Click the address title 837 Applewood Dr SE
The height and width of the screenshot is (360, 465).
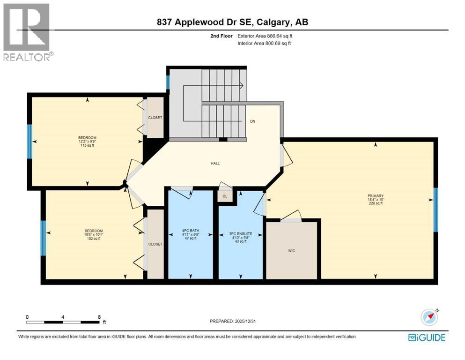click(x=232, y=22)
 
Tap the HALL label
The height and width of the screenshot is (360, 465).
click(x=215, y=164)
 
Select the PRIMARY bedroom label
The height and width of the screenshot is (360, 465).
click(x=376, y=199)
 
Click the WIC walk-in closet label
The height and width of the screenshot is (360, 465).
click(x=292, y=251)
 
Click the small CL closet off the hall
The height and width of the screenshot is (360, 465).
click(x=225, y=196)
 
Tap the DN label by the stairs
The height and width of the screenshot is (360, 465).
click(x=252, y=121)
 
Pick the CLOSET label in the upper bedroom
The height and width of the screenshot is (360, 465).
click(x=155, y=118)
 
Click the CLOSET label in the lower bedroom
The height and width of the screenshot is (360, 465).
click(x=155, y=244)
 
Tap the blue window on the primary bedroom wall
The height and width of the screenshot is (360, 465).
click(x=435, y=210)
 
